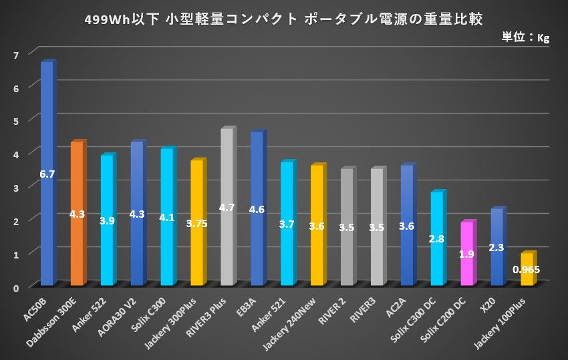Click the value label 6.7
tap(47, 174)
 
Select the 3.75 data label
tap(196, 224)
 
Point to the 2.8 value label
tap(437, 238)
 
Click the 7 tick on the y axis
tap(16, 53)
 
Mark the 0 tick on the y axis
tap(16, 286)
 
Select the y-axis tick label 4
tap(16, 153)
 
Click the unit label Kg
tap(543, 38)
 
